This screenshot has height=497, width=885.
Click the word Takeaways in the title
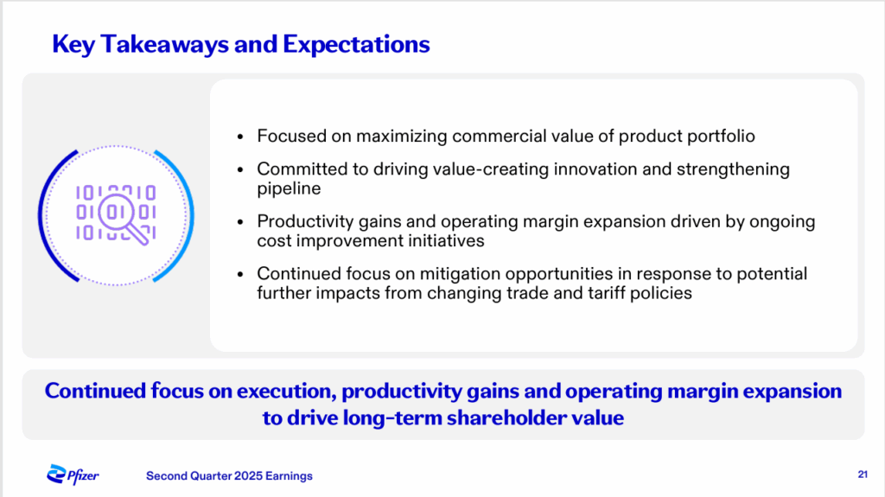(164, 45)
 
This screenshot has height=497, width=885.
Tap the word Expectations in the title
(356, 45)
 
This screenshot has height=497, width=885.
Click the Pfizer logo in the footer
(73, 475)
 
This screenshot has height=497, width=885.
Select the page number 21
(863, 475)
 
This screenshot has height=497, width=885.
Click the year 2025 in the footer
(248, 476)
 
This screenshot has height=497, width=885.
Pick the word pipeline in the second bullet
(289, 188)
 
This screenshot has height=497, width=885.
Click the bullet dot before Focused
(240, 137)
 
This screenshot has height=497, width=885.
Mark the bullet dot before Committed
(240, 169)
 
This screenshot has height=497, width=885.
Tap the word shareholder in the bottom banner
(505, 418)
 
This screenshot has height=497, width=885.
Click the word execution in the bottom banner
(287, 392)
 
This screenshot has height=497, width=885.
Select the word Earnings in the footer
(289, 476)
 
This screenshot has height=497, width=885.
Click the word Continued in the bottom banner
(95, 391)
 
